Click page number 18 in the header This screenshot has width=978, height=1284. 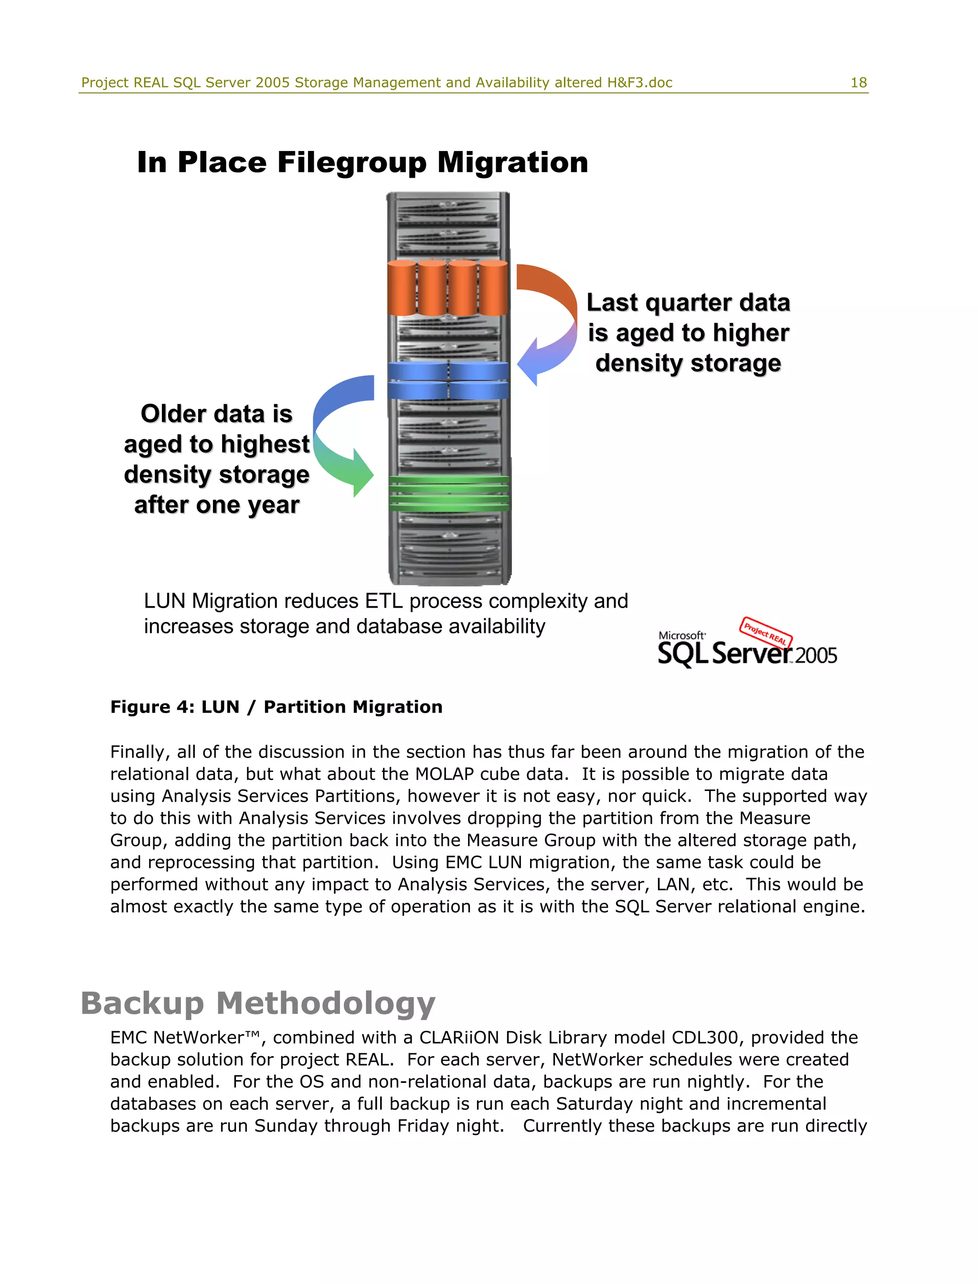(858, 83)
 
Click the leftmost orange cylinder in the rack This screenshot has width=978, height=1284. (402, 288)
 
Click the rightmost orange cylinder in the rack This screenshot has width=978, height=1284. (493, 288)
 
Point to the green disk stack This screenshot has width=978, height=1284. (448, 494)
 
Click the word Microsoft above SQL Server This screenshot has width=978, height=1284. (681, 635)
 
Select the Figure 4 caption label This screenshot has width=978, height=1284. (276, 707)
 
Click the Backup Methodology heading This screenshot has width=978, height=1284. (258, 1003)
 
